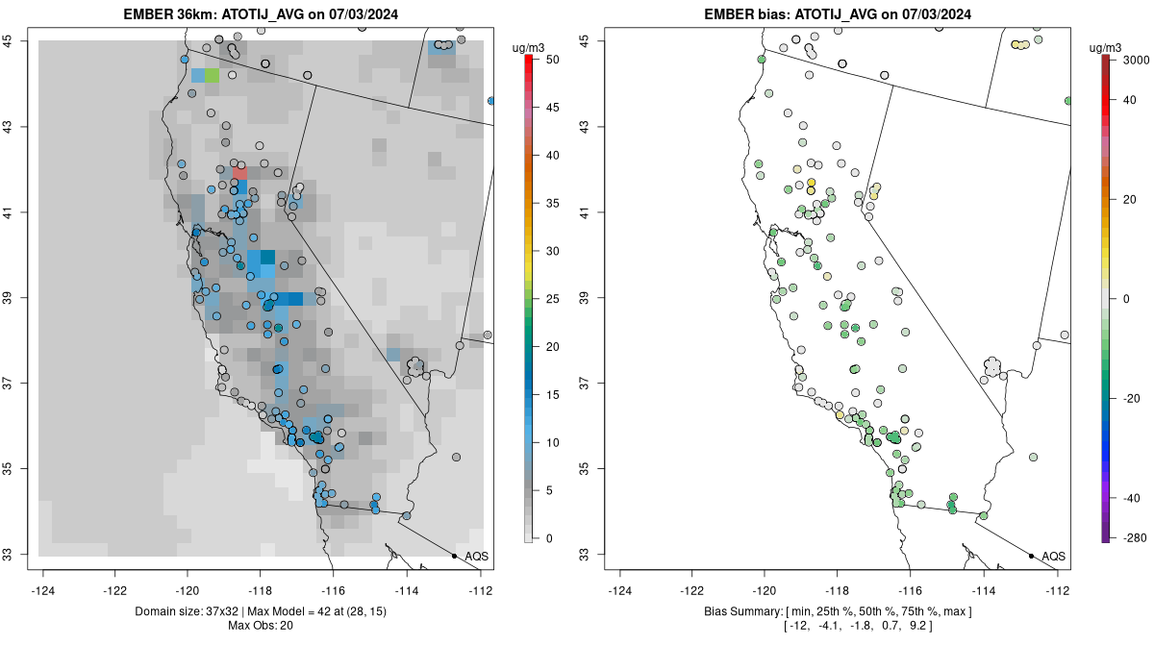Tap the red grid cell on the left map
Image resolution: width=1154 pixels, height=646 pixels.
pyautogui.click(x=239, y=171)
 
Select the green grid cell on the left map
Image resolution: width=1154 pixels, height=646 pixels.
pyautogui.click(x=212, y=75)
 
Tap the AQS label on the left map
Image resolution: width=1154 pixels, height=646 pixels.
pyautogui.click(x=476, y=556)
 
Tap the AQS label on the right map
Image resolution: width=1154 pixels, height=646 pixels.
pyautogui.click(x=1053, y=556)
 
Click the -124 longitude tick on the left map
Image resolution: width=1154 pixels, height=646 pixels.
pyautogui.click(x=43, y=590)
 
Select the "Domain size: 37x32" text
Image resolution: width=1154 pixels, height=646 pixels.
pyautogui.click(x=183, y=612)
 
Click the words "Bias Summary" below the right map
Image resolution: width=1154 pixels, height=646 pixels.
pyautogui.click(x=747, y=612)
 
